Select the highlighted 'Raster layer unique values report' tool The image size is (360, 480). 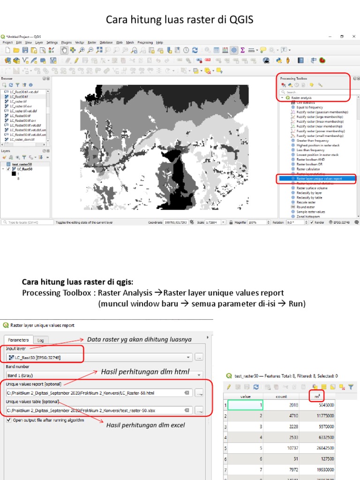pos(319,179)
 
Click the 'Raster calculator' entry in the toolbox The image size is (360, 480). pos(308,169)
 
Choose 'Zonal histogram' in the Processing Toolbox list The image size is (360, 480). pos(307,217)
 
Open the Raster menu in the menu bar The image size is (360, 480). pos(92,42)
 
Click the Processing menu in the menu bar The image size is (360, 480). pos(145,42)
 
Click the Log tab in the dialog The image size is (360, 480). pos(41,340)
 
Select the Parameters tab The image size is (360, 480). pos(18,340)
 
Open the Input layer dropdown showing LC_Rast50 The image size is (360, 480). pos(98,358)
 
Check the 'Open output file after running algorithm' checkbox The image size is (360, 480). pos(9,420)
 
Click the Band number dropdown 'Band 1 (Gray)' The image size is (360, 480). pos(103,375)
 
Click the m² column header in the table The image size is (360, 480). pos(318,396)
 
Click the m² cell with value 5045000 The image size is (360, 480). pos(318,404)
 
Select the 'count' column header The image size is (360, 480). pos(281,396)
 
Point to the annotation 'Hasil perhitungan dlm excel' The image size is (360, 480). pos(145,425)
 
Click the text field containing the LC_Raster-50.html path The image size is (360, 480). pos(96,393)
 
